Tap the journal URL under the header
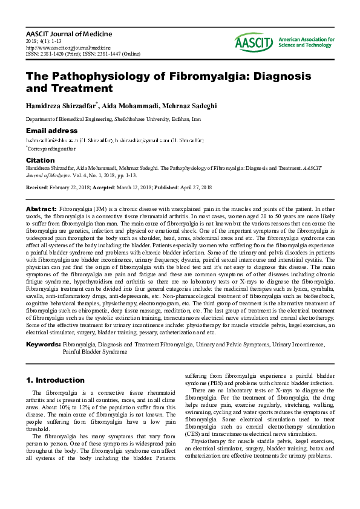[68, 47]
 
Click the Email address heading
[51, 131]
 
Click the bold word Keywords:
[42, 344]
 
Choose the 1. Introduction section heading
[55, 380]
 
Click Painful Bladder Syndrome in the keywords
[95, 351]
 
